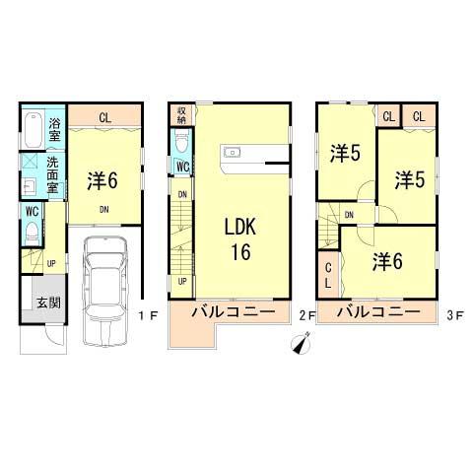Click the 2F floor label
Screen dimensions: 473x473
305,315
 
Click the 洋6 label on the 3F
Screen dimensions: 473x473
386,261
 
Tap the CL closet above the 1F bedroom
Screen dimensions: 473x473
103,117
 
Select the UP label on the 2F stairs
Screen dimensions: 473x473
182,281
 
